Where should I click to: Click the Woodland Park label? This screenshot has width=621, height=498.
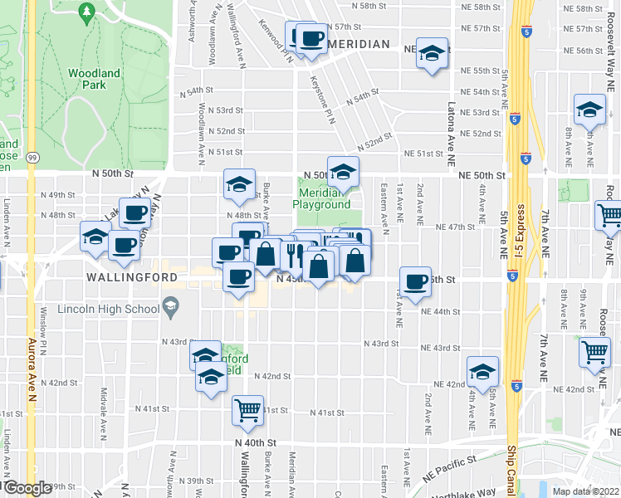[x=93, y=79]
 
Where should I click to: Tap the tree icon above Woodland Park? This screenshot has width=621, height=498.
[x=86, y=12]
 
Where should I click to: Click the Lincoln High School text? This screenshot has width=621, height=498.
[x=109, y=310]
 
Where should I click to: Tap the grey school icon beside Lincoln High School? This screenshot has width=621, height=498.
[x=170, y=308]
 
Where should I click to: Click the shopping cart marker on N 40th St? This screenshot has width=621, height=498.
[x=248, y=410]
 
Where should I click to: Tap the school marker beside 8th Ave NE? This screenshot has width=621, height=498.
[x=589, y=110]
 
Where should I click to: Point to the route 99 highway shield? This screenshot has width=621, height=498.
[x=32, y=157]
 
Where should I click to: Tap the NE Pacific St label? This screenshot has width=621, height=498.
[x=447, y=460]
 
